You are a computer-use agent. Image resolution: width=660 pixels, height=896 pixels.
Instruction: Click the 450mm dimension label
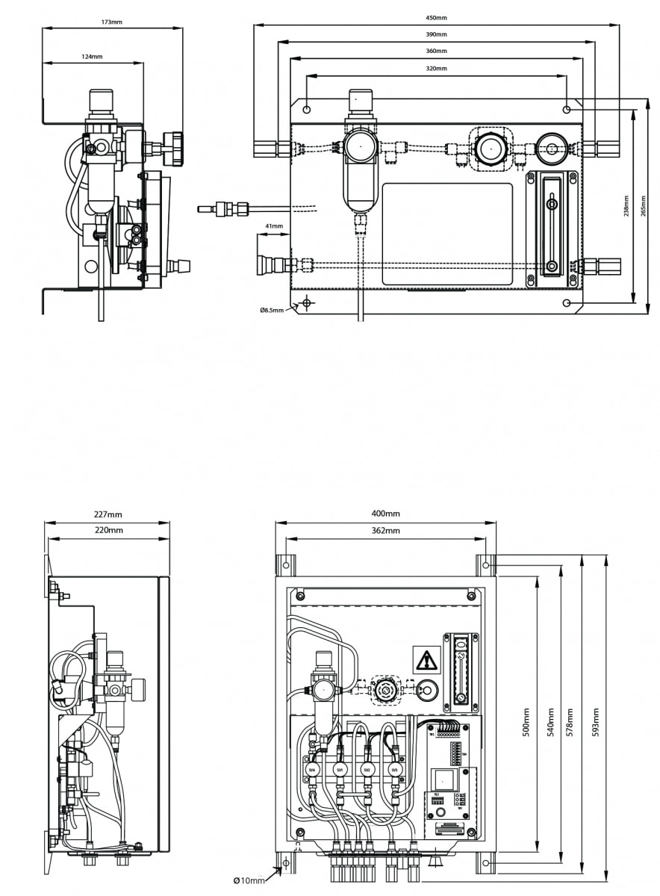point(437,18)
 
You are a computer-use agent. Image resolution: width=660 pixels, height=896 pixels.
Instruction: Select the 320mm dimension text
point(437,68)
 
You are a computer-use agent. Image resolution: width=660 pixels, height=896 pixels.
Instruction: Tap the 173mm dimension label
point(112,22)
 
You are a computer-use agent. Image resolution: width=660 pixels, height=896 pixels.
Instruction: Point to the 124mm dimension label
point(93,56)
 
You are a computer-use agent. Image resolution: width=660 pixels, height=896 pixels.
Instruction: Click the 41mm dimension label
point(274,225)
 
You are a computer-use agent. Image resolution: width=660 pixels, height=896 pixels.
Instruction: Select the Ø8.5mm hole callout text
point(272,310)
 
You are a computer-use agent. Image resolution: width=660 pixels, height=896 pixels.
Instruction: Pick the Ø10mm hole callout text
point(249,881)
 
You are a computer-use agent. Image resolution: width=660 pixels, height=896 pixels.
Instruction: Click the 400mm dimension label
point(385,514)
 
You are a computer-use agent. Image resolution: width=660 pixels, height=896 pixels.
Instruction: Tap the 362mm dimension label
point(385,531)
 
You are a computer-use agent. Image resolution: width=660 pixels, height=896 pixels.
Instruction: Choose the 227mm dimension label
point(108,514)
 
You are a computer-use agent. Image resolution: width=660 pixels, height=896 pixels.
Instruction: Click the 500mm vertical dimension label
point(526,722)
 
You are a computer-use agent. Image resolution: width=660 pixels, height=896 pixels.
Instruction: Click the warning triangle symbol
point(426,660)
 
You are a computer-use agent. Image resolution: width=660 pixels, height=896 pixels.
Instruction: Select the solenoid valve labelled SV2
point(367,769)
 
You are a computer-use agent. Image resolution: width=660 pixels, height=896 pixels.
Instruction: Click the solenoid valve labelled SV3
point(396,769)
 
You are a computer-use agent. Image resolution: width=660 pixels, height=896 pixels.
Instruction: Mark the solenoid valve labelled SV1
point(340,769)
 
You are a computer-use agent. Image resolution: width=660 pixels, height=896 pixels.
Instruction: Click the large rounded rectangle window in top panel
point(447,234)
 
